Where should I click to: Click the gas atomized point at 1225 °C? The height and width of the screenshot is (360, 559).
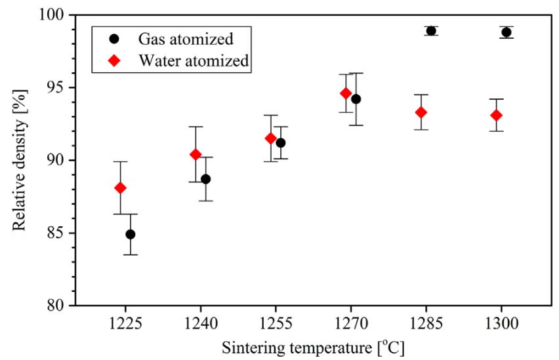click(x=131, y=234)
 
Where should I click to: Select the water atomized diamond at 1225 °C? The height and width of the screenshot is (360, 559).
click(x=120, y=188)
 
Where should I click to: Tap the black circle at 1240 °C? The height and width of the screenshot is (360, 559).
click(x=205, y=179)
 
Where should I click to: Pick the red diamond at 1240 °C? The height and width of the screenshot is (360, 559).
click(x=196, y=154)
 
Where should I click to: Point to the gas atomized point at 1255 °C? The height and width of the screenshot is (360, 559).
click(x=281, y=143)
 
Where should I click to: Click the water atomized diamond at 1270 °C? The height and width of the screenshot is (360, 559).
click(x=346, y=93)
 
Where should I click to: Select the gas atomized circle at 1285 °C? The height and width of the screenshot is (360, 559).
click(x=431, y=31)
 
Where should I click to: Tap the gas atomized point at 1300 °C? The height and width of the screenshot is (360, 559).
click(x=506, y=32)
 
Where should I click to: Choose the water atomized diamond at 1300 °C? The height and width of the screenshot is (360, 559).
click(x=496, y=115)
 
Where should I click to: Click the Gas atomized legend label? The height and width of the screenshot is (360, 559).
click(x=186, y=37)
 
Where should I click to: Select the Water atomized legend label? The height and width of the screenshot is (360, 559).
click(x=193, y=60)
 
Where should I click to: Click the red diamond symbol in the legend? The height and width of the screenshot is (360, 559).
click(x=115, y=60)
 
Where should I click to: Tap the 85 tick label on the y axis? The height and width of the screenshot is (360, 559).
click(x=59, y=233)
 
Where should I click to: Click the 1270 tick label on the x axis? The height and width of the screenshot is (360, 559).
click(x=351, y=323)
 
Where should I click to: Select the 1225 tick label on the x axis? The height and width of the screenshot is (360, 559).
click(x=125, y=323)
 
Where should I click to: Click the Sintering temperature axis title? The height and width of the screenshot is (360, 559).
click(x=313, y=347)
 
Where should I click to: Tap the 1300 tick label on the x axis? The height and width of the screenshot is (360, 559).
click(x=501, y=323)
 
